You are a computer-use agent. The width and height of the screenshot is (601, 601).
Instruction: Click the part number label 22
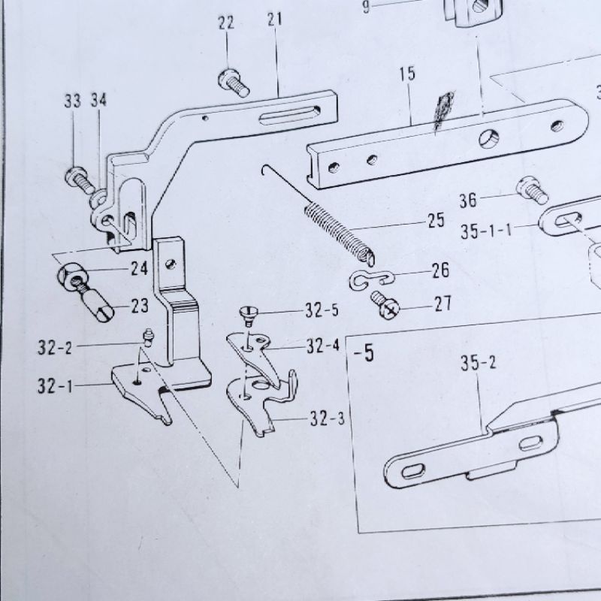pos(226,23)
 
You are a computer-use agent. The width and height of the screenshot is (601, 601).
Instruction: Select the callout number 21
pos(273,19)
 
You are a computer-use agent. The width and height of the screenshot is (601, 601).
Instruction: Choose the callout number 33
pos(72,101)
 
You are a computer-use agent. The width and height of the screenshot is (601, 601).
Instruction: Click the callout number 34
pos(99,101)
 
